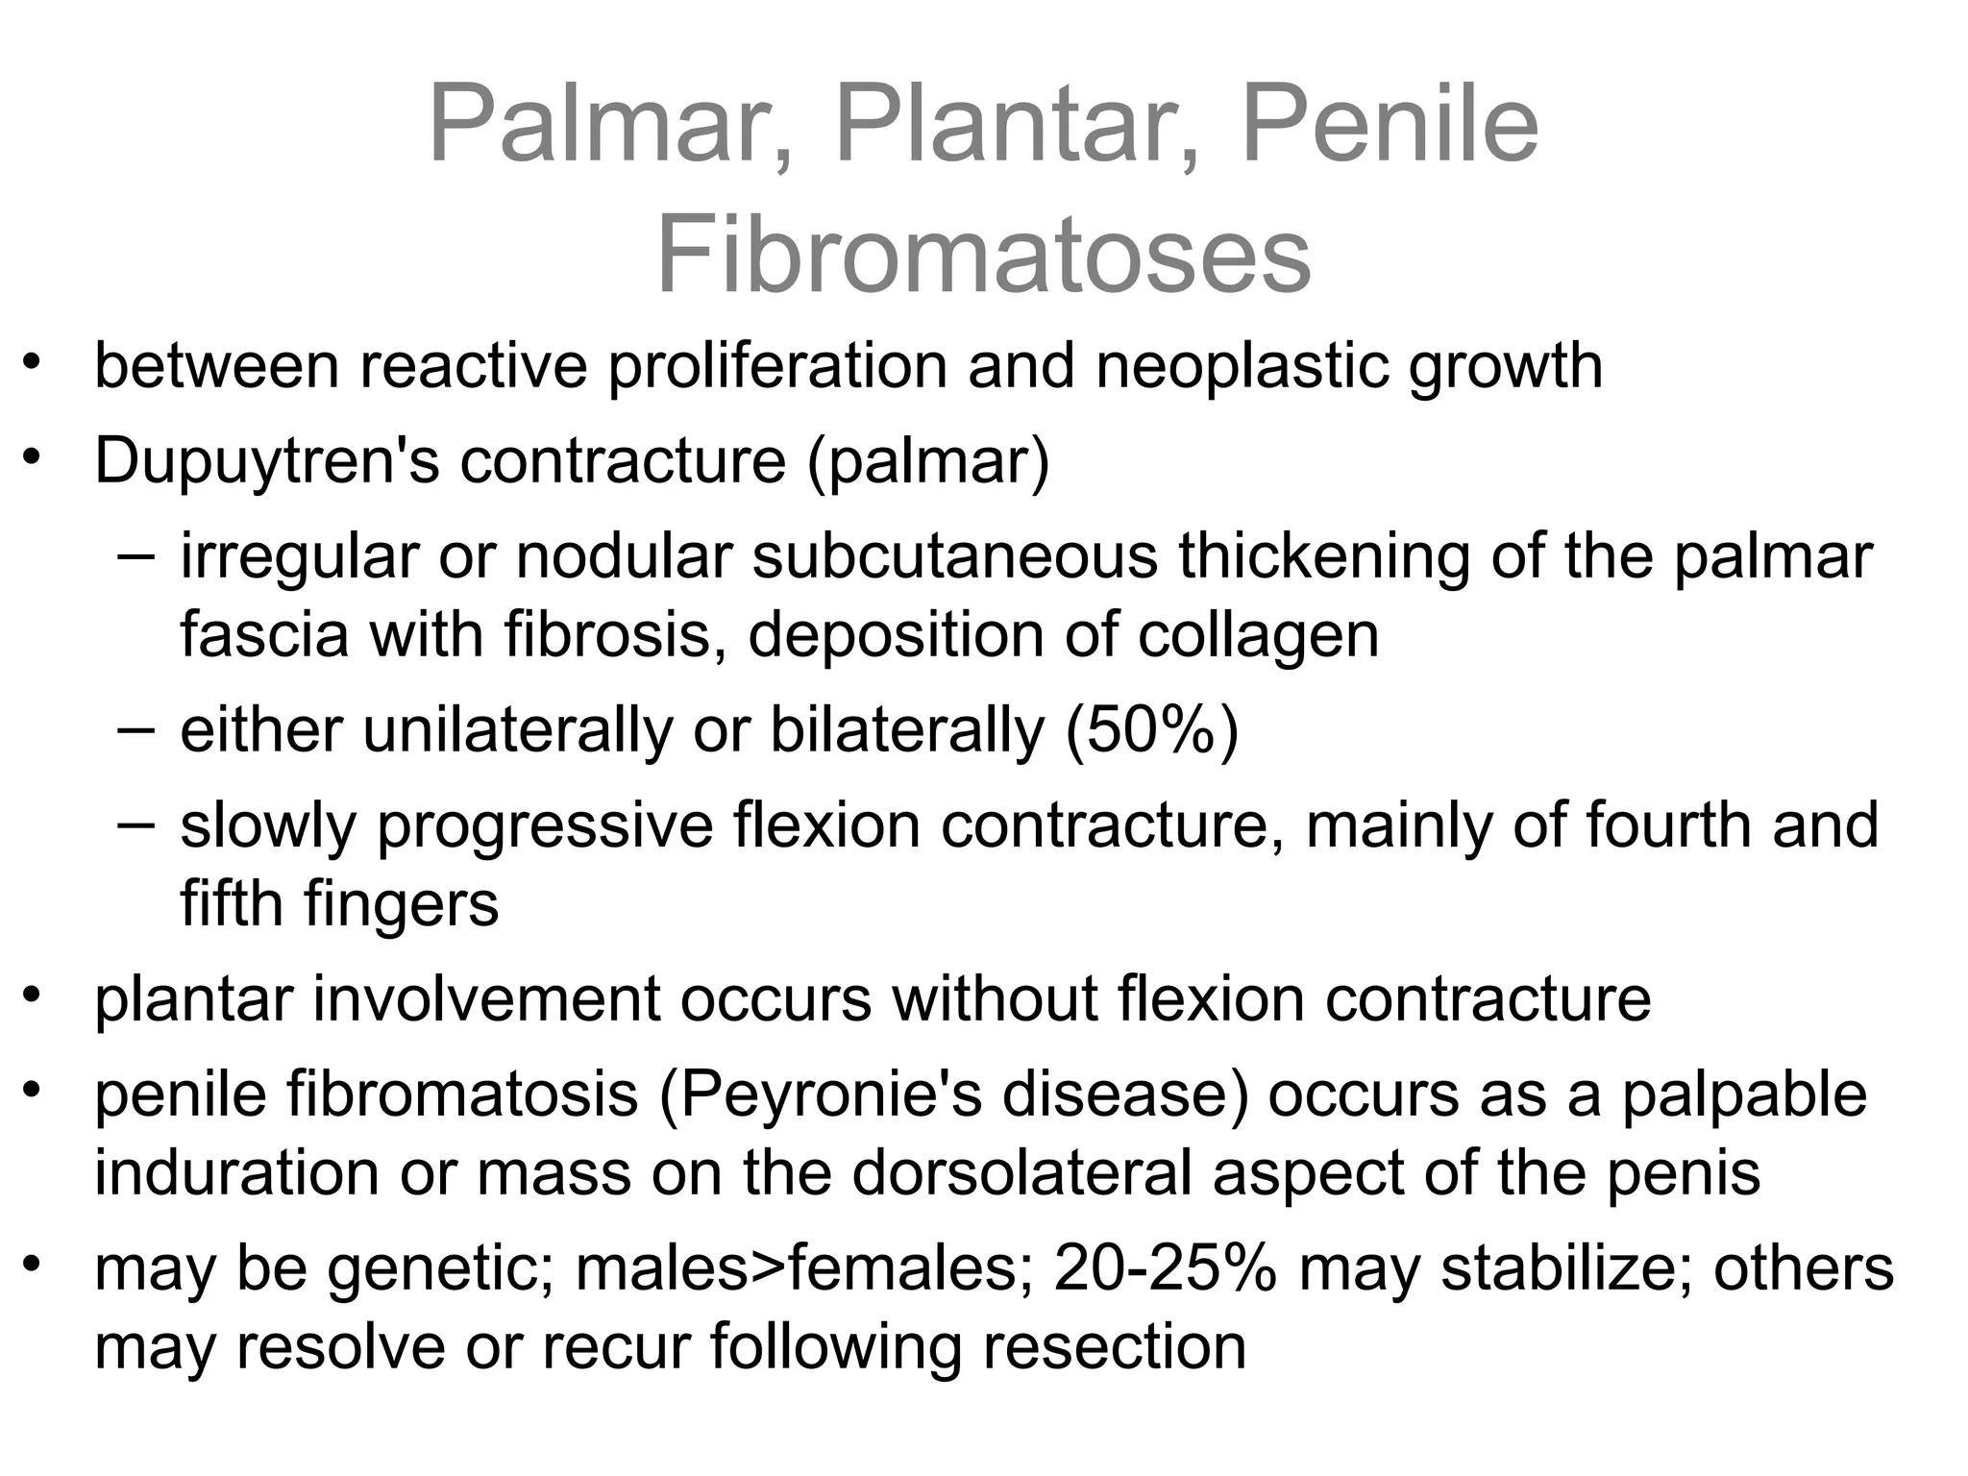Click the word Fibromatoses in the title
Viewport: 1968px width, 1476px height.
click(983, 256)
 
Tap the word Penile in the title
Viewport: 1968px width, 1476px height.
click(1390, 126)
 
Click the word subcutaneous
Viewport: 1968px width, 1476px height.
click(954, 556)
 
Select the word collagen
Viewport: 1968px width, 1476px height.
click(1258, 635)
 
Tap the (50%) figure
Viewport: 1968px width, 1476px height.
click(1152, 730)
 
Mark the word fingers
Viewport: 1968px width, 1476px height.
click(401, 904)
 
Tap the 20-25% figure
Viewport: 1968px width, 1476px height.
click(1166, 1268)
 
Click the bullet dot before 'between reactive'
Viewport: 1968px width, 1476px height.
click(34, 362)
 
